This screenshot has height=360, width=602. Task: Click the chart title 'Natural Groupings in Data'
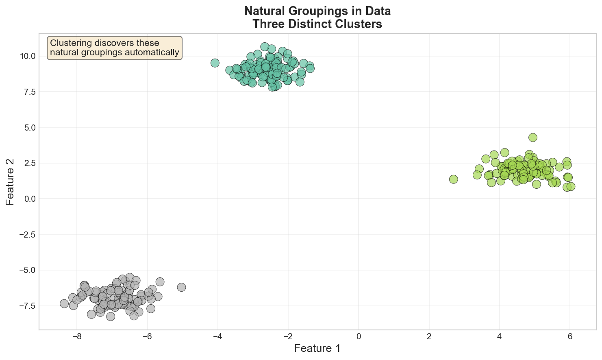(317, 11)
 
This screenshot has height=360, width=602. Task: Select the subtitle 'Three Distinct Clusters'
(317, 24)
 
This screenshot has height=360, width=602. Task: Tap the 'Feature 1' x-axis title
(317, 348)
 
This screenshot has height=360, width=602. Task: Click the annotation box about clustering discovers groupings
(115, 48)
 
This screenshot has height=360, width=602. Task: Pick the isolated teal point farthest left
(215, 63)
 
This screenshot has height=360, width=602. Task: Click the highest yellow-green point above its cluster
(533, 137)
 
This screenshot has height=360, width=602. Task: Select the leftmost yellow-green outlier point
(454, 179)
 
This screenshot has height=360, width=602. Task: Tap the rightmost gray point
(181, 287)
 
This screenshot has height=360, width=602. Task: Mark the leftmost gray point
(64, 303)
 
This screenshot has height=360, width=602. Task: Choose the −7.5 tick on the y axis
(26, 306)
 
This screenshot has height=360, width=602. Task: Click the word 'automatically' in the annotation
(154, 52)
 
